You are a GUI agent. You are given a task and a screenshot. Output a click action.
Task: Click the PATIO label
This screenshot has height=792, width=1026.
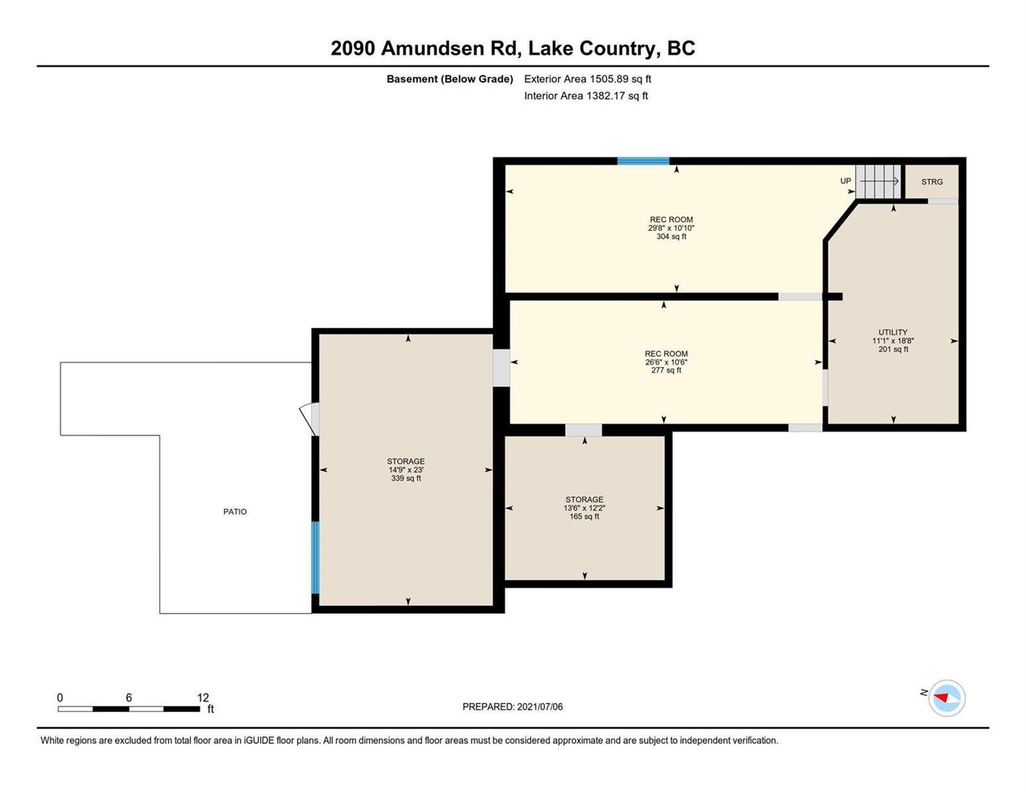(x=235, y=511)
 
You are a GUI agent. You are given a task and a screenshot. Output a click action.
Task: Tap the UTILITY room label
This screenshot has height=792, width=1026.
(x=893, y=332)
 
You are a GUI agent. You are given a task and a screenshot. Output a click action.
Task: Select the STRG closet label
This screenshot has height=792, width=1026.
(x=932, y=181)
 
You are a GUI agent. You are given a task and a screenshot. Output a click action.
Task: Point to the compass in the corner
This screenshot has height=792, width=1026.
(x=946, y=698)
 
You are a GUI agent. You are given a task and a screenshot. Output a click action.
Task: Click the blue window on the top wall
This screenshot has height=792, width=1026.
(x=643, y=161)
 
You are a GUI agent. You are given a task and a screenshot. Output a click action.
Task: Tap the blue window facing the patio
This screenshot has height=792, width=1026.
(x=315, y=558)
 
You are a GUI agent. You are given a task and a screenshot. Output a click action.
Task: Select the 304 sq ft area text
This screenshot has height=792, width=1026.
(x=671, y=236)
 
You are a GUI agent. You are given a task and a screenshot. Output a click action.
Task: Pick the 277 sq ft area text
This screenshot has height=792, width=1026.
(x=666, y=370)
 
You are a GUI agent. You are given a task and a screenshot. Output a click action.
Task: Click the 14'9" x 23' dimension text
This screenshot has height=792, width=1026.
(x=406, y=470)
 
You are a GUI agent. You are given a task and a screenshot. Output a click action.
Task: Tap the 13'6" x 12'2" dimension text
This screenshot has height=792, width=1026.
(x=584, y=508)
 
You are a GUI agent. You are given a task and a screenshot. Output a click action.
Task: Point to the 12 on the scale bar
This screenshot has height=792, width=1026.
(x=203, y=698)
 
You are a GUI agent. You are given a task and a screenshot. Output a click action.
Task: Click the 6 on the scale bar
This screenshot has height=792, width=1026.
(x=128, y=698)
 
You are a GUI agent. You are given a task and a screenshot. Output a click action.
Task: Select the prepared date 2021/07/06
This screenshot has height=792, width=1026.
(x=540, y=707)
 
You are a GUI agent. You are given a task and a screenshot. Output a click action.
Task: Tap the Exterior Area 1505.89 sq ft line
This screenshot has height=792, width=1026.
(x=587, y=79)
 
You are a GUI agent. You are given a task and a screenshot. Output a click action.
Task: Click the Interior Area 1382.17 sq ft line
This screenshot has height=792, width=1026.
(x=586, y=96)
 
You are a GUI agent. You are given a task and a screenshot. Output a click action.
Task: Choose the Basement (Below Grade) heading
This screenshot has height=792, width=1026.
(x=449, y=79)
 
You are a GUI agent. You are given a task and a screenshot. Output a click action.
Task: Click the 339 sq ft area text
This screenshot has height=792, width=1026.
(x=406, y=478)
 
